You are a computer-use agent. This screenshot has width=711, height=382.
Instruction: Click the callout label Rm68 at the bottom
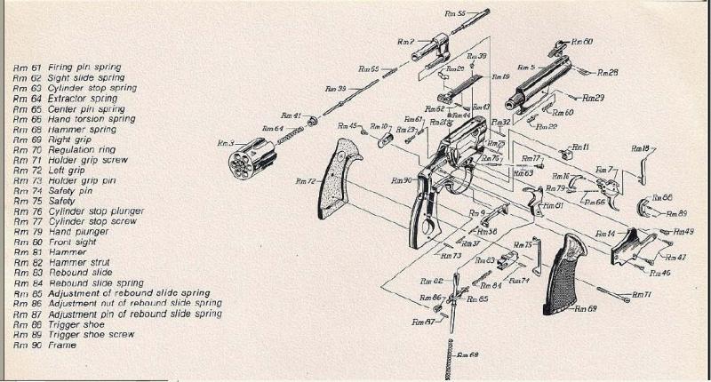click(x=467, y=355)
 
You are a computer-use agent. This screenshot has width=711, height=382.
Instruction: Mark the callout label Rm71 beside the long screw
click(x=642, y=294)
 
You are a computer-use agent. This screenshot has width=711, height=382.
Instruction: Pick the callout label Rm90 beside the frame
click(x=401, y=180)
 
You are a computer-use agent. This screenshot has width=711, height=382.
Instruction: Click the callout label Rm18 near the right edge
click(x=639, y=148)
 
